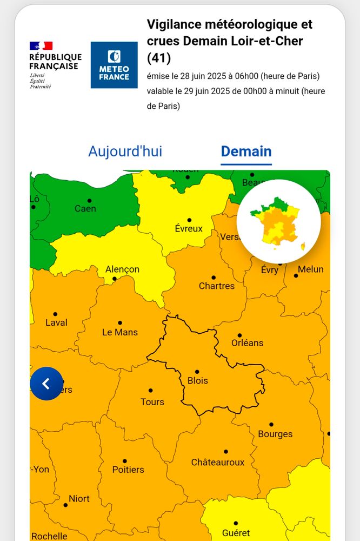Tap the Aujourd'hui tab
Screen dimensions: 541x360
click(x=125, y=151)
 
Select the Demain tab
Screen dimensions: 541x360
click(x=246, y=151)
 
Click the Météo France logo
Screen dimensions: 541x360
click(x=114, y=65)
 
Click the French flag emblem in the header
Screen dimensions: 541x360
click(x=41, y=46)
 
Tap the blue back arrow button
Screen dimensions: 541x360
click(x=46, y=384)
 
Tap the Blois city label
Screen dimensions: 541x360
click(x=198, y=380)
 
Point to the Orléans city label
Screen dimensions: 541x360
click(x=247, y=343)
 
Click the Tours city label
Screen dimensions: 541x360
click(x=152, y=402)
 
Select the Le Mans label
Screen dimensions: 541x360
click(x=120, y=332)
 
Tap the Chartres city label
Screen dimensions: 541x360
click(x=217, y=286)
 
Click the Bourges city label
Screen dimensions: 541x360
click(x=275, y=434)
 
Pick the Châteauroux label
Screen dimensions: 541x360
click(x=218, y=463)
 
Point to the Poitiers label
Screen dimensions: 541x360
click(x=128, y=470)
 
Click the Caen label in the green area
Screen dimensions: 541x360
click(x=85, y=209)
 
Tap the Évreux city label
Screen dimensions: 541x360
click(x=189, y=229)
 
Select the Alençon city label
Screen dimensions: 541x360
click(x=122, y=269)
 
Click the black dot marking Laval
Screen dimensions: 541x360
click(x=55, y=314)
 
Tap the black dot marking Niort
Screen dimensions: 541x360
click(x=65, y=505)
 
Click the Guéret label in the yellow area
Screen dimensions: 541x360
click(x=236, y=533)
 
